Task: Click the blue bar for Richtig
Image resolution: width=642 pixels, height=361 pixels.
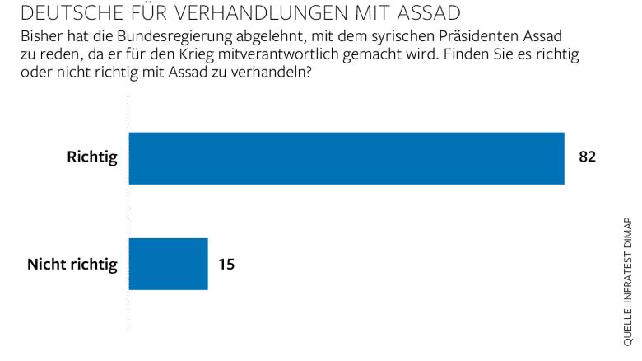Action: click(x=347, y=158)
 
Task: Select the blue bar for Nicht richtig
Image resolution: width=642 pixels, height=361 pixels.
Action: click(x=169, y=265)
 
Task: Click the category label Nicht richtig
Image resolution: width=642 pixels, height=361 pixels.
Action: click(x=72, y=265)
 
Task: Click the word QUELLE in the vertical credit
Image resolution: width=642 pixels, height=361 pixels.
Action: click(x=627, y=327)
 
